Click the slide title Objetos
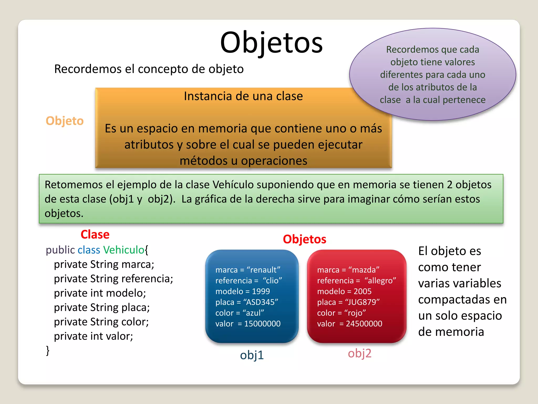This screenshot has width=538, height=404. click(x=271, y=43)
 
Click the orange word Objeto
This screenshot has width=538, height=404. click(x=65, y=121)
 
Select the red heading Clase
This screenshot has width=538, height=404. click(x=95, y=234)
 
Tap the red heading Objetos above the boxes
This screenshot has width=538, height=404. click(x=304, y=239)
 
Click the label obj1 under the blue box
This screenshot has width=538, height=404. click(x=252, y=355)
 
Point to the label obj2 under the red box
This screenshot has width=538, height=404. click(x=359, y=353)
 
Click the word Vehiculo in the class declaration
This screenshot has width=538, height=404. click(x=123, y=250)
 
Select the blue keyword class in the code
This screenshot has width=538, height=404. click(x=89, y=250)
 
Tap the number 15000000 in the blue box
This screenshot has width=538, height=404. click(x=262, y=324)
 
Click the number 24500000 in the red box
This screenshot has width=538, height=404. click(x=364, y=324)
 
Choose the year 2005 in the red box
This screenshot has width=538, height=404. click(x=362, y=291)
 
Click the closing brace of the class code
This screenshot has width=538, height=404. click(x=48, y=351)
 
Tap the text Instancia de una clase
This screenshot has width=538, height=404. click(x=243, y=96)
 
